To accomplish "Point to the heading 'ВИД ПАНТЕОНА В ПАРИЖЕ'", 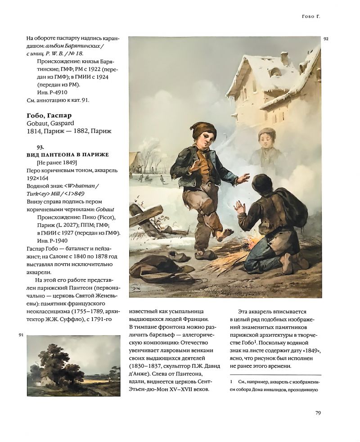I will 68,155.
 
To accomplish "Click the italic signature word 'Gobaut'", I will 98,209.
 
